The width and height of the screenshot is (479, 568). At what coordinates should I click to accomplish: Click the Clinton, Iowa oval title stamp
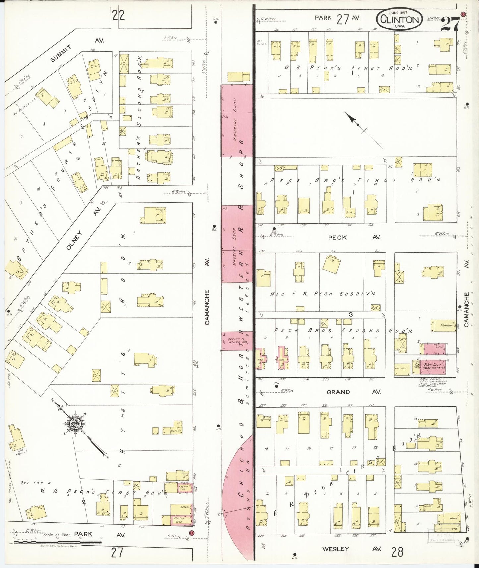point(399,19)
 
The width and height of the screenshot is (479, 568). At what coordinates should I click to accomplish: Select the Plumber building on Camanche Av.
point(444,326)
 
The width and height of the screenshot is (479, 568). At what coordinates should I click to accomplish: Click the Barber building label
point(176,431)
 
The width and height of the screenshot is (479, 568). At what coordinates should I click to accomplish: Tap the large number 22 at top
point(118,15)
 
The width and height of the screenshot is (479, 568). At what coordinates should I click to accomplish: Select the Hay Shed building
point(402,369)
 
